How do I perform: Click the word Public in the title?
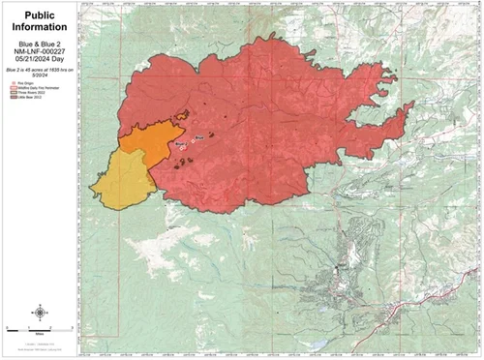click(39, 16)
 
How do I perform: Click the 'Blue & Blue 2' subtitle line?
click(39, 46)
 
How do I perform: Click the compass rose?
click(39, 312)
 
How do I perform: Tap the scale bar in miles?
click(39, 327)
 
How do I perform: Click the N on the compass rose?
click(39, 304)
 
